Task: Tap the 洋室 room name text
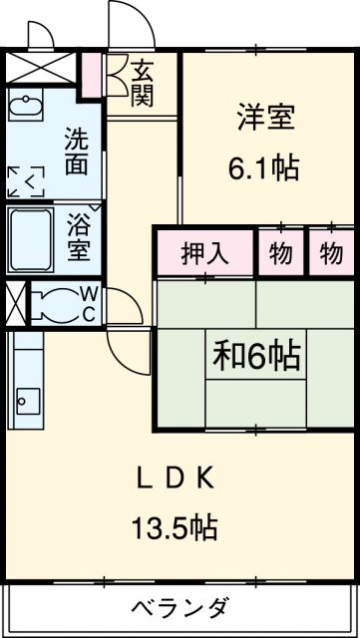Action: [x=266, y=119]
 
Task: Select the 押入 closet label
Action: [x=204, y=254]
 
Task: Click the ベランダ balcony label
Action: [x=181, y=606]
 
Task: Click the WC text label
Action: [x=89, y=303]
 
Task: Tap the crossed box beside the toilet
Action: [x=13, y=304]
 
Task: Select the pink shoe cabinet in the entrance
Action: [x=92, y=75]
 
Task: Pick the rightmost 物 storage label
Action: [x=331, y=254]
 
